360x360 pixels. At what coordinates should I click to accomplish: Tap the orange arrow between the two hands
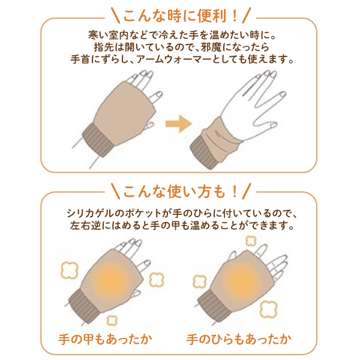click(179, 124)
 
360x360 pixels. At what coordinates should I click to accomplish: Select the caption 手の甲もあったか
click(105, 340)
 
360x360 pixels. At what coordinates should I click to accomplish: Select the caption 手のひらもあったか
click(239, 340)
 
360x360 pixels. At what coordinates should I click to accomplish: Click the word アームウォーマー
click(174, 59)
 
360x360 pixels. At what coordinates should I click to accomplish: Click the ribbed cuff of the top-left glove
click(98, 140)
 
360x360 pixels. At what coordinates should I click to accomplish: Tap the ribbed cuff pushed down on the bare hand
click(205, 152)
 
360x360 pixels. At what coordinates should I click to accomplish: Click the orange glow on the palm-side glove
click(241, 280)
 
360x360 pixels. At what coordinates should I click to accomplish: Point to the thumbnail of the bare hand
click(274, 126)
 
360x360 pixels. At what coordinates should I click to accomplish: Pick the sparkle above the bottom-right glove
click(251, 241)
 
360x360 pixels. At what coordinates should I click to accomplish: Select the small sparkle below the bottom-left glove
click(112, 320)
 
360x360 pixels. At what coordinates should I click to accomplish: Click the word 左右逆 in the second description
click(85, 226)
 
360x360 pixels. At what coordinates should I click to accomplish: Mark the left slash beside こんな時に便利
click(115, 16)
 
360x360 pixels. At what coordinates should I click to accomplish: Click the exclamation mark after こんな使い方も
click(235, 192)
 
